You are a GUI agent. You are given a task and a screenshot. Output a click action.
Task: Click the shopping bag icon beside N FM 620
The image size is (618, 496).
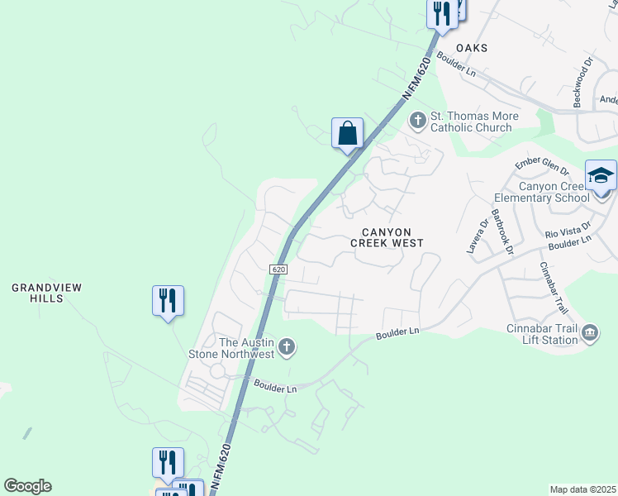coord(348,133)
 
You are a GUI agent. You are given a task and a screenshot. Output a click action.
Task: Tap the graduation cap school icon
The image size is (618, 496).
coord(601,176)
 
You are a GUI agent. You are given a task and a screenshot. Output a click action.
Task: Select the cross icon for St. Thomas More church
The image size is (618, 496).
coord(418,122)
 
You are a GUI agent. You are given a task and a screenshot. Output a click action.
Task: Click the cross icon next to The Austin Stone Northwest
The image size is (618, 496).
coord(286,347)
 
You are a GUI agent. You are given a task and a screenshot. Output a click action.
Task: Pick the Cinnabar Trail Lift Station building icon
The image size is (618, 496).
coord(591,334)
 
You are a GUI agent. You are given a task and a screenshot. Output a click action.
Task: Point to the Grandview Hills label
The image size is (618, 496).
coord(47,293)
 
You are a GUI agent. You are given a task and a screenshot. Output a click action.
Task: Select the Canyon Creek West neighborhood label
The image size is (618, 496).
coord(387,237)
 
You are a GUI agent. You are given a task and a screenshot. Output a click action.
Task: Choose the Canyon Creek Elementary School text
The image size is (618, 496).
coord(541,192)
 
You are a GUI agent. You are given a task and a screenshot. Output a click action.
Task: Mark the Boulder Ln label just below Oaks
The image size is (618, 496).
coord(457,65)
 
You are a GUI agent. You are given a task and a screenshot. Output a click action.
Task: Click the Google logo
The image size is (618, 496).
coord(27,486)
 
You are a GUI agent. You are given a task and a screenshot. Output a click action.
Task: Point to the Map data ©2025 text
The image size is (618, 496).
coord(582,489)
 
